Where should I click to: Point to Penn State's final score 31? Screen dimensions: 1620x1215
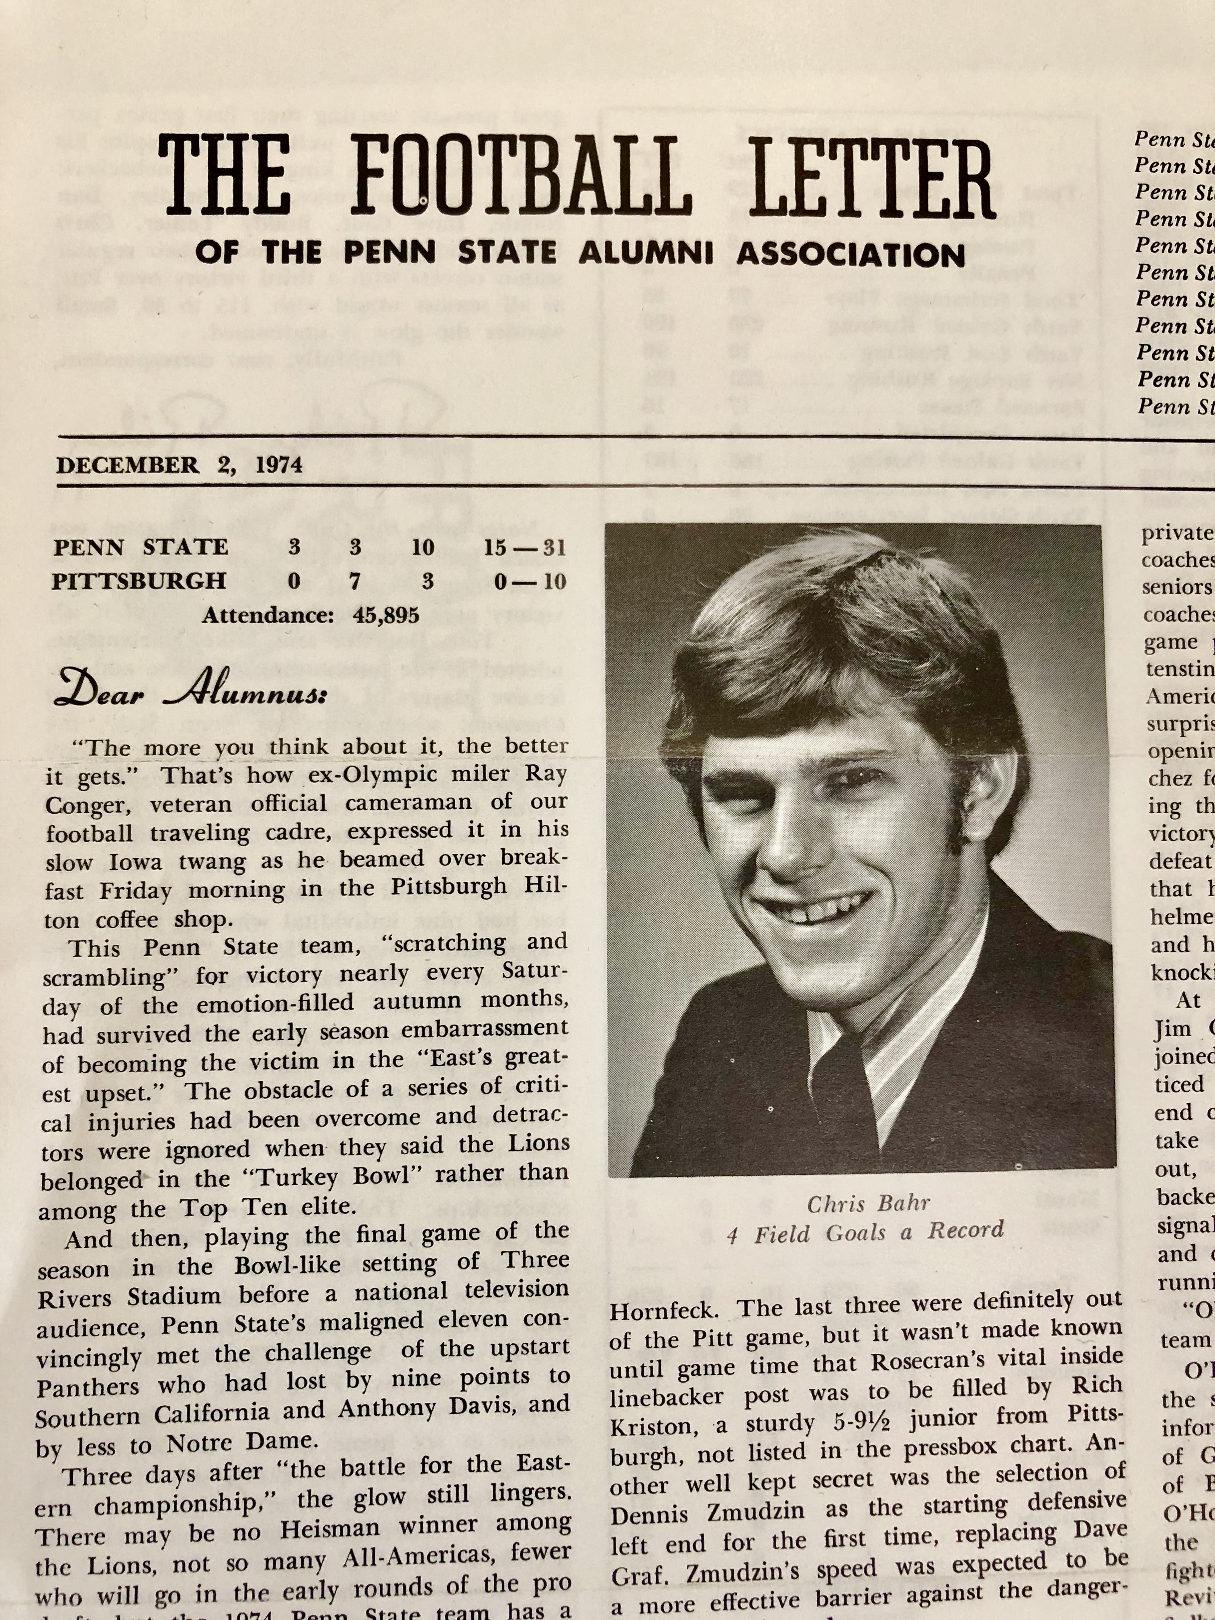tap(554, 547)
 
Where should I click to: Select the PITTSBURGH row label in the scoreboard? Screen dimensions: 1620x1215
tap(139, 581)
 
